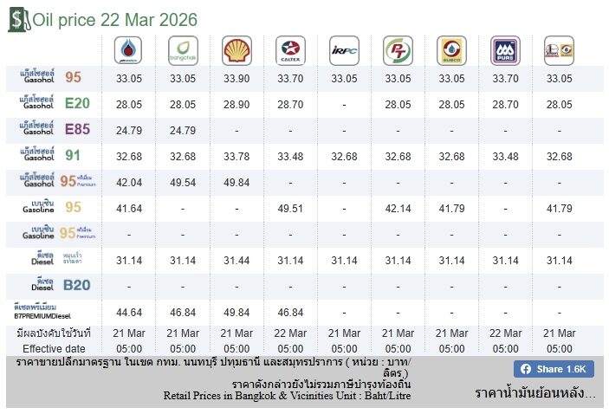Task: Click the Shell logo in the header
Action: point(236,50)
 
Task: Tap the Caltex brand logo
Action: point(290,50)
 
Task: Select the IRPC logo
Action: point(344,50)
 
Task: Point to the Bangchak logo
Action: point(183,50)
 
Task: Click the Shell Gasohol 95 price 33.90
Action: point(236,78)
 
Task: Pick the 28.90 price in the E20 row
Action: point(236,105)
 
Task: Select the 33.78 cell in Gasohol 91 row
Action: point(236,157)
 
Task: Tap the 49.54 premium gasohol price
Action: point(183,183)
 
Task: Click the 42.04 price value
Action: point(129,183)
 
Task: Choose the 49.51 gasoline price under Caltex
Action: point(290,209)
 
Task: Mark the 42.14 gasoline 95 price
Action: point(398,209)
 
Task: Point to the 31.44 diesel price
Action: point(236,261)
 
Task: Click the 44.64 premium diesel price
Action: point(129,313)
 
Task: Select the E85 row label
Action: point(57,130)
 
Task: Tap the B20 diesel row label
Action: point(57,285)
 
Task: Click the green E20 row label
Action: point(57,104)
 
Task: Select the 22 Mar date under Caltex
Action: point(290,333)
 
